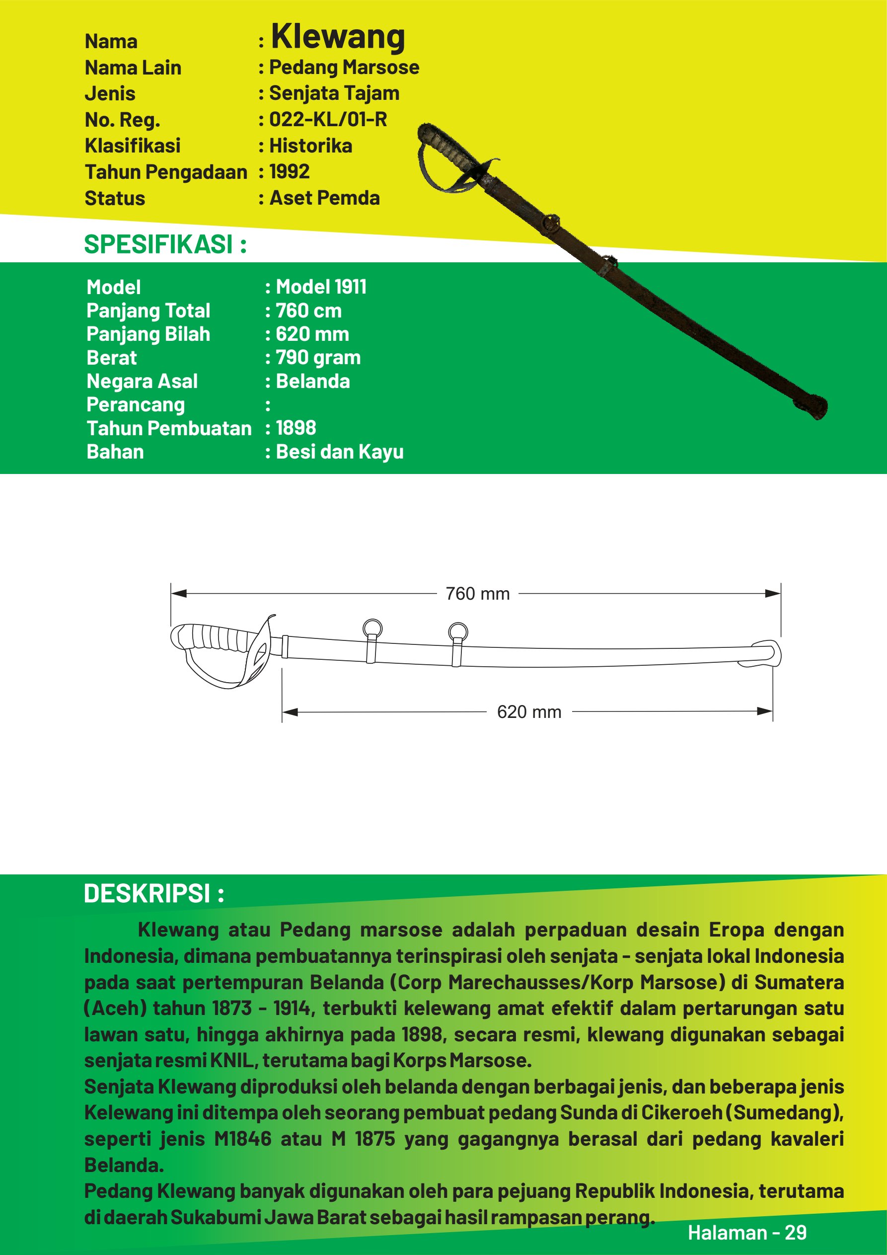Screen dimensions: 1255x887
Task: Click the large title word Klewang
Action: pyautogui.click(x=338, y=37)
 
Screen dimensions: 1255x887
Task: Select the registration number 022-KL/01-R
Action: pyautogui.click(x=328, y=119)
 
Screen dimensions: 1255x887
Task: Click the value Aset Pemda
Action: pyautogui.click(x=325, y=198)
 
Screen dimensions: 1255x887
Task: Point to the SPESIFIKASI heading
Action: pyautogui.click(x=165, y=244)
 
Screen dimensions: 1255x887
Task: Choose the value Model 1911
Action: pyautogui.click(x=321, y=287)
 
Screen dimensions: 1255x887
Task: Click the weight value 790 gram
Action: pyautogui.click(x=318, y=358)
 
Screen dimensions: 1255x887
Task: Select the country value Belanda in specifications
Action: pyautogui.click(x=312, y=381)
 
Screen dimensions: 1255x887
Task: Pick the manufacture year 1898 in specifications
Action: pyautogui.click(x=296, y=428)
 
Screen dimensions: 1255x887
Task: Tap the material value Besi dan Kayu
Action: pyautogui.click(x=339, y=452)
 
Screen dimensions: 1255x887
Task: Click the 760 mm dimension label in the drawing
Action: pyautogui.click(x=477, y=594)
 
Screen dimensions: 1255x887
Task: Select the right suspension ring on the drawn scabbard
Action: pyautogui.click(x=457, y=632)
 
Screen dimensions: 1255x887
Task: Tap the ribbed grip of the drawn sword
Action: pyautogui.click(x=213, y=636)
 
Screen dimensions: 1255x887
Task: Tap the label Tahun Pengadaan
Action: pyautogui.click(x=165, y=172)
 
